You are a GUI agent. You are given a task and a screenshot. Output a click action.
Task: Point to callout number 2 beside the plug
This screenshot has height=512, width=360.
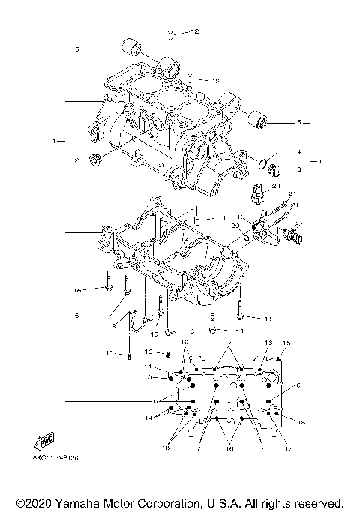click(x=76, y=160)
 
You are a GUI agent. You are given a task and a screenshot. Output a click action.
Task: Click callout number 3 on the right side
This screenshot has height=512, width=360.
click(x=298, y=169)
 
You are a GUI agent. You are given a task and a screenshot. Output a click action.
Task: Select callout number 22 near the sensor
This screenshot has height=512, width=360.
click(x=298, y=224)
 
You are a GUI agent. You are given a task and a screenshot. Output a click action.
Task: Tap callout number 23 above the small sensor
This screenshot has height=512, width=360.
click(x=276, y=185)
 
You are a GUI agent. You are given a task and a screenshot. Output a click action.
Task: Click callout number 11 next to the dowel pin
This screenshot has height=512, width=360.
click(x=222, y=217)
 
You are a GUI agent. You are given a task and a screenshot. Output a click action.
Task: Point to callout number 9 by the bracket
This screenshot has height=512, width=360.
click(x=115, y=325)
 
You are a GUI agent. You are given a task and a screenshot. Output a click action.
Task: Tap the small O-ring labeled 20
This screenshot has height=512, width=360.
click(x=245, y=239)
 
